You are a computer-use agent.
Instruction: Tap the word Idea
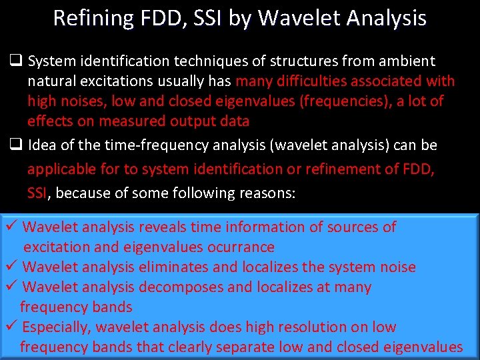click(42, 145)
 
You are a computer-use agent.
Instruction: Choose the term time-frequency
click(155, 145)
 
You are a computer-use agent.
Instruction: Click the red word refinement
click(345, 169)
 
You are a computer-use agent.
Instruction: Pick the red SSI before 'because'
click(38, 193)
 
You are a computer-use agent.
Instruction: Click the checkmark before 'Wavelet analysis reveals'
click(11, 227)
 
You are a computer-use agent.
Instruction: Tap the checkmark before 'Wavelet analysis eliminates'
click(11, 267)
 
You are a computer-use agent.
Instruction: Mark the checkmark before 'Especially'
click(11, 327)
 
